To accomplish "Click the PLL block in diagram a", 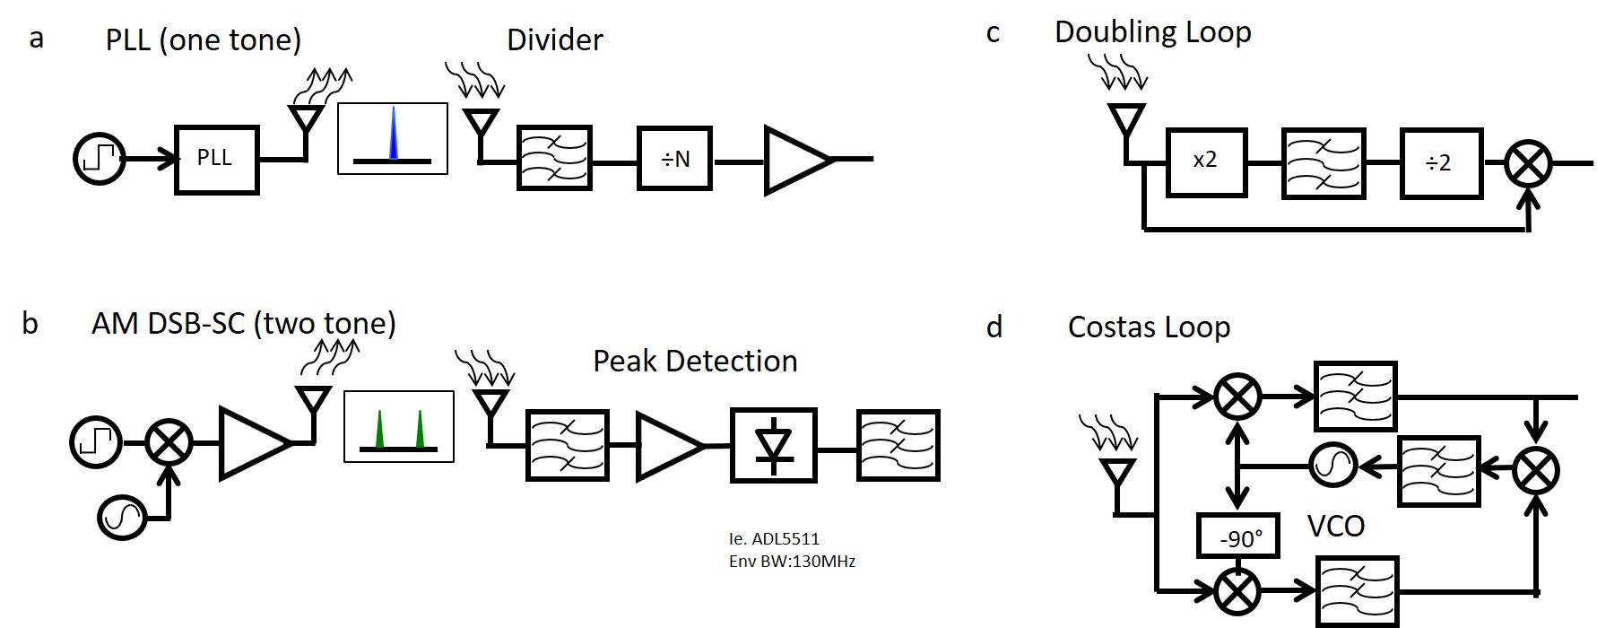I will pyautogui.click(x=217, y=160).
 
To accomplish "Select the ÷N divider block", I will pyautogui.click(x=674, y=160).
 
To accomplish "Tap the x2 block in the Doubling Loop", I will pyautogui.click(x=1205, y=161).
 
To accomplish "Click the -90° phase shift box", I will pyautogui.click(x=1238, y=536).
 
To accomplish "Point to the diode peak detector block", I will pyautogui.click(x=773, y=446).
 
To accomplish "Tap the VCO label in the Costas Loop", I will pyautogui.click(x=1335, y=526).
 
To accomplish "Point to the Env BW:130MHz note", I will pyautogui.click(x=792, y=563).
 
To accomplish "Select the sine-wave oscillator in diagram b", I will pyautogui.click(x=122, y=515).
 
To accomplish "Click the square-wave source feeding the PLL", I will pyautogui.click(x=99, y=160).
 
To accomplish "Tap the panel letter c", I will pyautogui.click(x=993, y=34).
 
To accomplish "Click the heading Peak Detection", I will pyautogui.click(x=695, y=362).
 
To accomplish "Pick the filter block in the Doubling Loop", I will pyautogui.click(x=1324, y=162).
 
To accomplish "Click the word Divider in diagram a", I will pyautogui.click(x=554, y=40).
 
